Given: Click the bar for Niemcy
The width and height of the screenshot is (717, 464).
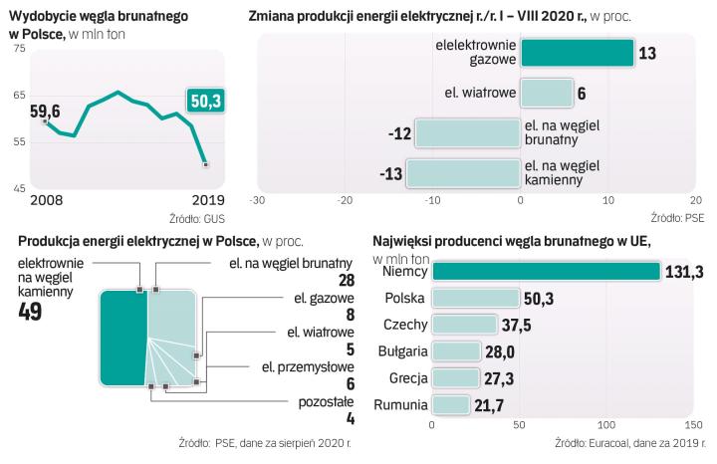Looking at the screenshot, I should coord(545,271).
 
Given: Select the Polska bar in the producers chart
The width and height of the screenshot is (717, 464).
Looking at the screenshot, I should coord(475,298).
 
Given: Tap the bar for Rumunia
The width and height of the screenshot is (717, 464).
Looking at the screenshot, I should coord(450,404).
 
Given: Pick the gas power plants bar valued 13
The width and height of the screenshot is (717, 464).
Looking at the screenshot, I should coord(577,53).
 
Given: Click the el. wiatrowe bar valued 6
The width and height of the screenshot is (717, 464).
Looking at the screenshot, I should coord(547,93).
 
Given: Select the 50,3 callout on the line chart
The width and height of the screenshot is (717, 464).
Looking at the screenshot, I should coord(208,101).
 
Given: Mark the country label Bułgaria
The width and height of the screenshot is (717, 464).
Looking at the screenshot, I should coord(401,351).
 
